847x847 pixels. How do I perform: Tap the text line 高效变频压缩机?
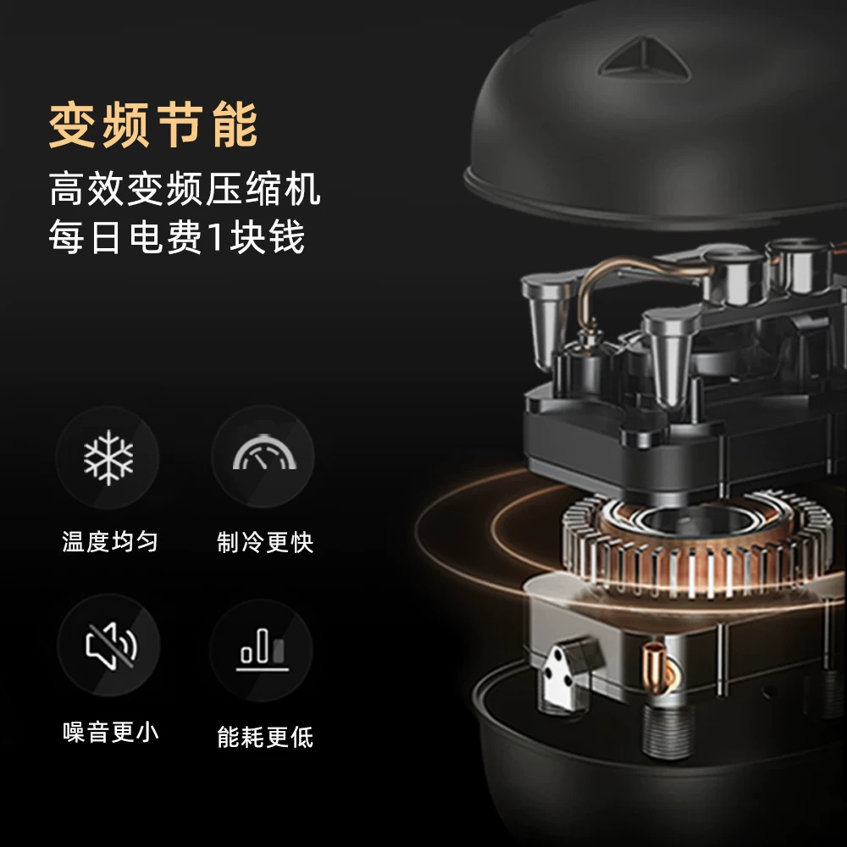[185, 189]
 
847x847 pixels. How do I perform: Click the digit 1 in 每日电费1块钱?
[215, 237]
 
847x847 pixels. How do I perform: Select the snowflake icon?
[108, 457]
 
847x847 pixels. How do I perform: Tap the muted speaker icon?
[111, 645]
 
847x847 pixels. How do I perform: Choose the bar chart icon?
[263, 650]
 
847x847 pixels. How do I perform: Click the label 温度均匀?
[110, 541]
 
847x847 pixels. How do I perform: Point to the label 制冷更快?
[264, 542]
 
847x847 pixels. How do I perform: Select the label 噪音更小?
[111, 733]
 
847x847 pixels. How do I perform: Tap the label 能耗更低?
[264, 737]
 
